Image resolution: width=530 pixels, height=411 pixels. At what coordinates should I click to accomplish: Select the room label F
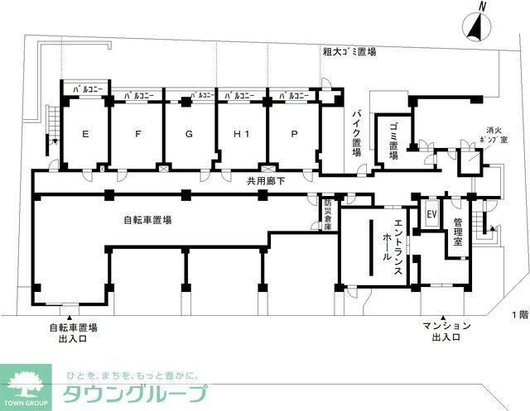(x=137, y=133)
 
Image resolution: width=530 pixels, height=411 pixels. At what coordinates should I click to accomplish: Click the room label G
(x=189, y=133)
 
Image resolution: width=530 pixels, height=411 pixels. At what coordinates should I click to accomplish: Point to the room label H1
(x=241, y=133)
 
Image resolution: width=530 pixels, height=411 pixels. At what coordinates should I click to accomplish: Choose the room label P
(x=294, y=133)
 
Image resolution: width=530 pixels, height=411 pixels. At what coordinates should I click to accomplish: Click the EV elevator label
(x=431, y=214)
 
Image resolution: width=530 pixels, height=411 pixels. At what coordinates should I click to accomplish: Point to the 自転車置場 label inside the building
(x=147, y=220)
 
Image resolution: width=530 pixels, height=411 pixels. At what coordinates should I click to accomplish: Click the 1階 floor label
(x=518, y=315)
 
